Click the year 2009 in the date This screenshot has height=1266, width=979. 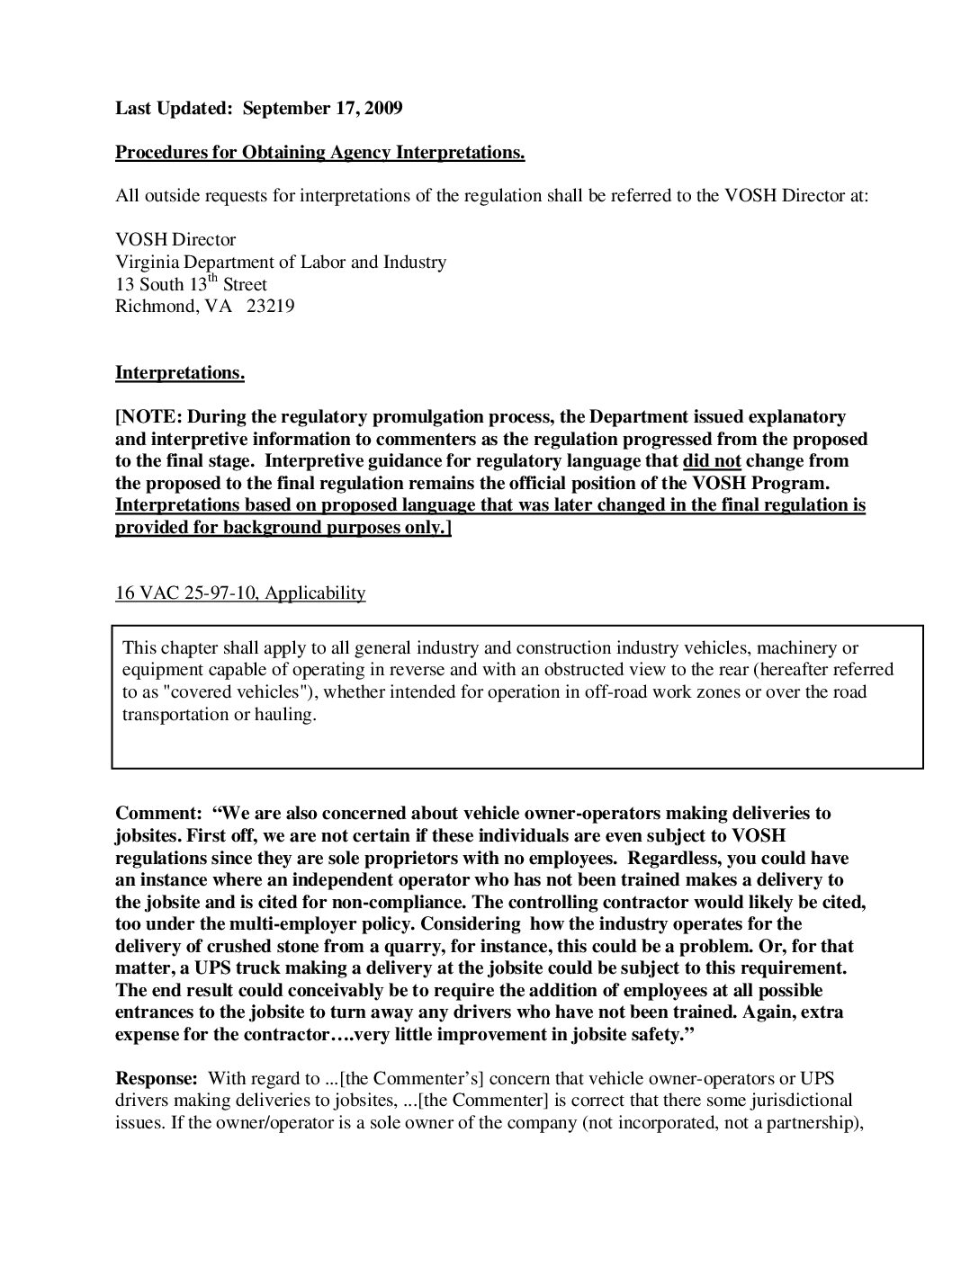click(x=384, y=109)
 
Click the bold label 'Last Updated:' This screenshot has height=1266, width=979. click(x=174, y=109)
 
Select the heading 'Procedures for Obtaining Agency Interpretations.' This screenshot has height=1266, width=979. click(x=319, y=153)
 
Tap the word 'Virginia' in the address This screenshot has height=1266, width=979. click(x=147, y=263)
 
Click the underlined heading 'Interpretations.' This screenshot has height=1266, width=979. click(x=179, y=373)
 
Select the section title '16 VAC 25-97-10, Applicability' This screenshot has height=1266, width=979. click(x=240, y=593)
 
